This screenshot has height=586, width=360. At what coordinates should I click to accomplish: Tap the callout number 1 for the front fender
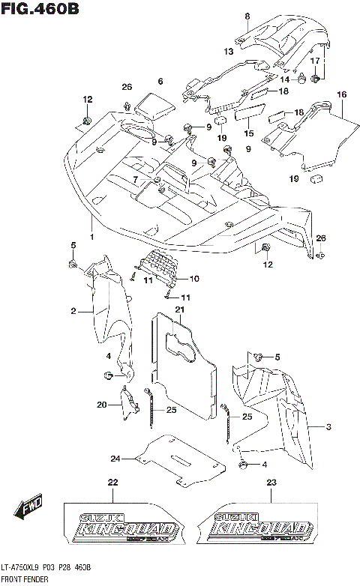coord(91,237)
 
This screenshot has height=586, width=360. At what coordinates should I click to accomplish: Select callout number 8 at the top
coord(247,16)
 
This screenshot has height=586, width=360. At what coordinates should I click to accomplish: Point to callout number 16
coord(341,94)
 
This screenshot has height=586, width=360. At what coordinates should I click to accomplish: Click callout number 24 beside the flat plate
coord(115,458)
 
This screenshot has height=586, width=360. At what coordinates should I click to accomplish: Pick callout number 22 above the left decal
coord(113,482)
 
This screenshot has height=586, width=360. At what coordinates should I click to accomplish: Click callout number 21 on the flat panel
coord(180,309)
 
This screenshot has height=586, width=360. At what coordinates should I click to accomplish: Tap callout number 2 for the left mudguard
coord(74,310)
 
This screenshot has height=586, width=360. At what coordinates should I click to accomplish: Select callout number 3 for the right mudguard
coord(328,426)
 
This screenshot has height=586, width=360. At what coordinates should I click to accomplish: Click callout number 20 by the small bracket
coord(102,405)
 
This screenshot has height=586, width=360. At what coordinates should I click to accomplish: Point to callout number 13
coord(228,51)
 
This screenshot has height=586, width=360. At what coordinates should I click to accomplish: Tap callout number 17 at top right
coord(316,60)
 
